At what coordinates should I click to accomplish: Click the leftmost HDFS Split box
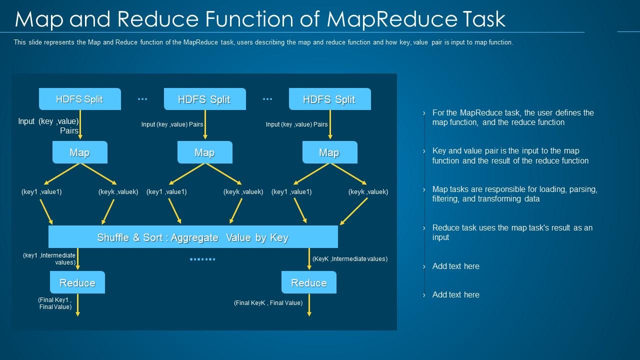point(80,99)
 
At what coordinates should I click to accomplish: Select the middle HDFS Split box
point(205,99)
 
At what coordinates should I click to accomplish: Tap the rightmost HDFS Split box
point(330,99)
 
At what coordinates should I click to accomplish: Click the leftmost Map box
point(80,152)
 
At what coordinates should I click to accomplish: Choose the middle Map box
point(205,152)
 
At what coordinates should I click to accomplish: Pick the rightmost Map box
point(330,152)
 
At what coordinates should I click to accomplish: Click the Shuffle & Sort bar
point(193,237)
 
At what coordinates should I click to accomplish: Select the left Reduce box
point(77,282)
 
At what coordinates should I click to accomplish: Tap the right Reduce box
point(309,282)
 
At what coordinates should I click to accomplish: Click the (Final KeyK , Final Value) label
point(268,303)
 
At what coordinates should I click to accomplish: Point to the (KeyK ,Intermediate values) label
point(350,259)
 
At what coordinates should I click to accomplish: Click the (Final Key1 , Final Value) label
point(55,303)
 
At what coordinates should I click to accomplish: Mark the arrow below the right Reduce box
point(309,305)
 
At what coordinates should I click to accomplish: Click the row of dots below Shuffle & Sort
point(202,259)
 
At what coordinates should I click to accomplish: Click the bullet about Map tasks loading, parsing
point(514,194)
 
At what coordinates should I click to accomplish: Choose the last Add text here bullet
point(455,295)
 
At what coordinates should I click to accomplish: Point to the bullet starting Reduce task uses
point(512,232)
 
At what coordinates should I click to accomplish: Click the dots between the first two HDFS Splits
point(142,99)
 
